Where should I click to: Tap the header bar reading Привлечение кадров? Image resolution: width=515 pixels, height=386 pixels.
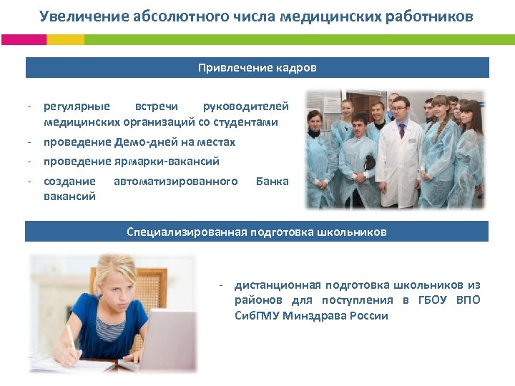pos(257,68)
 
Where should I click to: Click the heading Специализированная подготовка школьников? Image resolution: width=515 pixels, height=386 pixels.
pos(257,232)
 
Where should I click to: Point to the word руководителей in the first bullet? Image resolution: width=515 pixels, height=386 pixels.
pos(246,107)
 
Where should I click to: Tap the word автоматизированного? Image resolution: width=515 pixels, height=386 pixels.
pos(175,182)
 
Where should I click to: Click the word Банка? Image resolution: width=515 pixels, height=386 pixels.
pos(272,182)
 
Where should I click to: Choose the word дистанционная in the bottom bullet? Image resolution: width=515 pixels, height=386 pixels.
pos(275,284)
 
